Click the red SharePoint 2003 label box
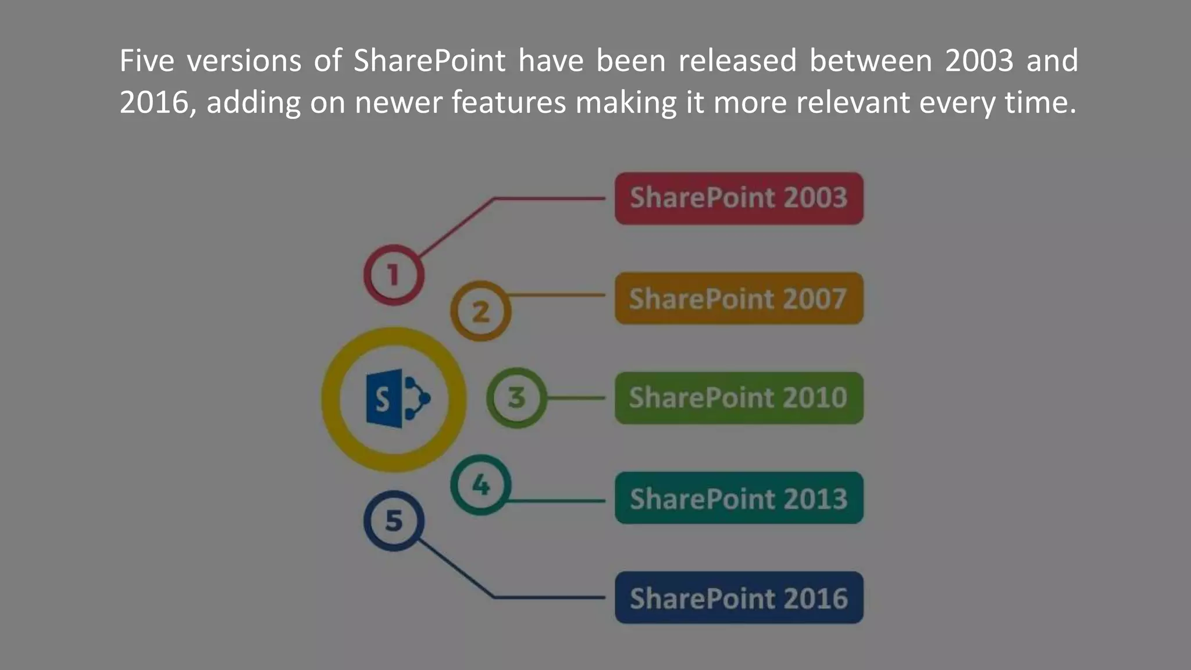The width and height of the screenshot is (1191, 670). point(739,198)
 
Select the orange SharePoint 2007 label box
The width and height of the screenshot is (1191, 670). point(739,298)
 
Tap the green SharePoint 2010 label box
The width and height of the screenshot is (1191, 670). point(739,398)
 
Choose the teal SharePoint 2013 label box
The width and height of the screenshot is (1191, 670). point(739,498)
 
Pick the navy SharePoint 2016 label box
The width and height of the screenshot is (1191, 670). point(739,597)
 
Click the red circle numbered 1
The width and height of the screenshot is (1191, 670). point(394,275)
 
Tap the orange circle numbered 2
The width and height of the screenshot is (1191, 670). point(480,311)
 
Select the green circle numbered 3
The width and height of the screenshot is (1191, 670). point(516,398)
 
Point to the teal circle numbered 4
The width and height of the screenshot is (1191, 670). point(480,484)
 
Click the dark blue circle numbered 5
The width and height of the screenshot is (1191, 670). point(394,521)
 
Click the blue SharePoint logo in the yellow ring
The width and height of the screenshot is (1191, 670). point(395,399)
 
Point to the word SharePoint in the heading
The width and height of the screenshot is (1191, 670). point(429,60)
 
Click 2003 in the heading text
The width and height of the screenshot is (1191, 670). point(979,60)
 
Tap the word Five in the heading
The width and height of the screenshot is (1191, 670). point(147,60)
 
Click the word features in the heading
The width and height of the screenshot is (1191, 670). point(508,102)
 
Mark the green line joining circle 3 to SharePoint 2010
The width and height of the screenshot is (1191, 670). point(576,398)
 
